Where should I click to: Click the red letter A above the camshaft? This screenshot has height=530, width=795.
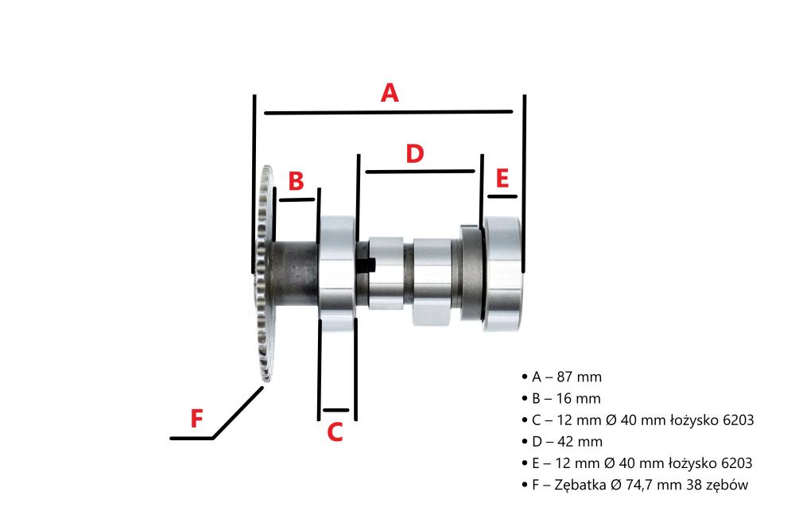coord(390,93)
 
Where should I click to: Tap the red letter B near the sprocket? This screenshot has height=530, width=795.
coord(296,181)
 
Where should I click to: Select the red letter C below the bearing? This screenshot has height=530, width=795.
coord(335,432)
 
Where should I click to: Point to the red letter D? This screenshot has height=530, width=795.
coord(415,153)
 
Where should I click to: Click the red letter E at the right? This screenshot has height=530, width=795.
coord(502,178)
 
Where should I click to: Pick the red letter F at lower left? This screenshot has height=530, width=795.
coord(196,419)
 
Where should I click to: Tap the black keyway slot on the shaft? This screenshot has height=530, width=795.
coord(366,265)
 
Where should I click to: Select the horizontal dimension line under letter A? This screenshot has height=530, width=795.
coord(389,112)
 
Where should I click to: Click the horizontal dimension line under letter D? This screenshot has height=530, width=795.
coord(420,172)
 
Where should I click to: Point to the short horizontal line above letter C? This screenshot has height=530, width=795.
coord(335,410)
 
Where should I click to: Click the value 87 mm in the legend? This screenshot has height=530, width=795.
coord(579,377)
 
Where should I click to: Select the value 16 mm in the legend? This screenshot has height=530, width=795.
coord(578,399)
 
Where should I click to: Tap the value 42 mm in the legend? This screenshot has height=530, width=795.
coord(580,442)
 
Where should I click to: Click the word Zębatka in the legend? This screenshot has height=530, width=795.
coord(580,485)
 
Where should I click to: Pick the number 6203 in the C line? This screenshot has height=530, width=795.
coord(739,420)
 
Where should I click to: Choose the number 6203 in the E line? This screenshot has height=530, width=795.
coord(737,463)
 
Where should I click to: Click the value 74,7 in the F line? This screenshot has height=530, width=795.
coord(640,486)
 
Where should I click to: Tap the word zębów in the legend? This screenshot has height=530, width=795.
coord(727,486)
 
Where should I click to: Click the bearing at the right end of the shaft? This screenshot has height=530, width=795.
coord(502,273)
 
